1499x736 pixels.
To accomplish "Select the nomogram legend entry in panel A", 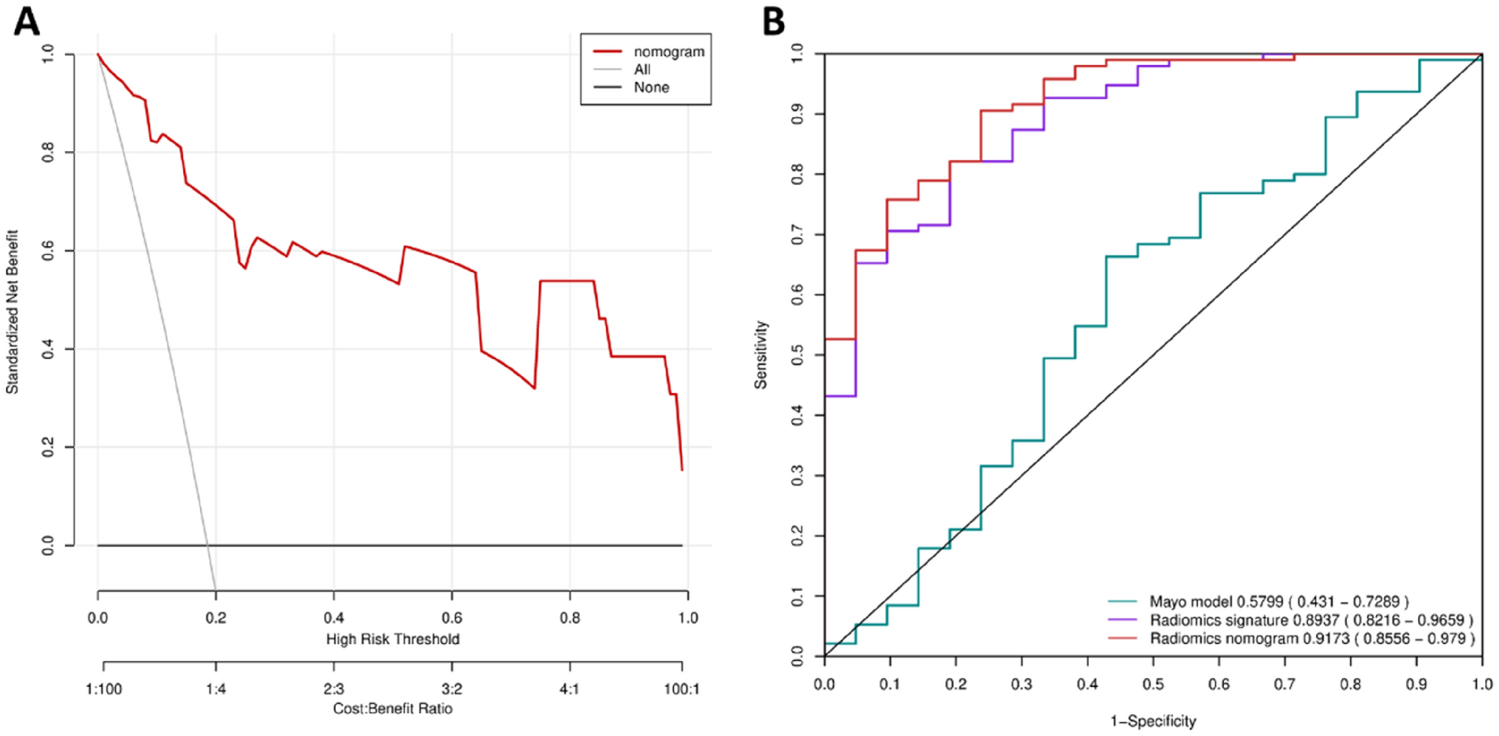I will [x=668, y=51].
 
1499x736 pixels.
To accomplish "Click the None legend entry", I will [x=651, y=88].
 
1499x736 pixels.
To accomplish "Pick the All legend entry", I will [x=642, y=70].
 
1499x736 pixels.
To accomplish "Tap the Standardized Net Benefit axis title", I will [x=12, y=311].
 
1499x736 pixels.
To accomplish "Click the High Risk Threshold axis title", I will [x=392, y=639].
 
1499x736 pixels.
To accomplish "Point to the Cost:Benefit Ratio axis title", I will [x=392, y=709].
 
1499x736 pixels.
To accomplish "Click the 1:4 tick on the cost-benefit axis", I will [x=216, y=688].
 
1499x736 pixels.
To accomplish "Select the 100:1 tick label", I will [x=682, y=688].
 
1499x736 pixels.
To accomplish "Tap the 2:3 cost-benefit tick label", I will [x=333, y=688].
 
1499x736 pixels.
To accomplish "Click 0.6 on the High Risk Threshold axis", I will [x=452, y=618].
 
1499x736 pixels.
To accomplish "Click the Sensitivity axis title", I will [x=761, y=354].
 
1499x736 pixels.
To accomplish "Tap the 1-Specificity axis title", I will [x=1153, y=721].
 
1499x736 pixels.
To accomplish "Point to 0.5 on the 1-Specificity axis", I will [x=1153, y=684].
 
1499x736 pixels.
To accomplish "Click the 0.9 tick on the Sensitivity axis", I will [x=797, y=114].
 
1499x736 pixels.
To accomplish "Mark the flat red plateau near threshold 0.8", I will [x=567, y=281].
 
